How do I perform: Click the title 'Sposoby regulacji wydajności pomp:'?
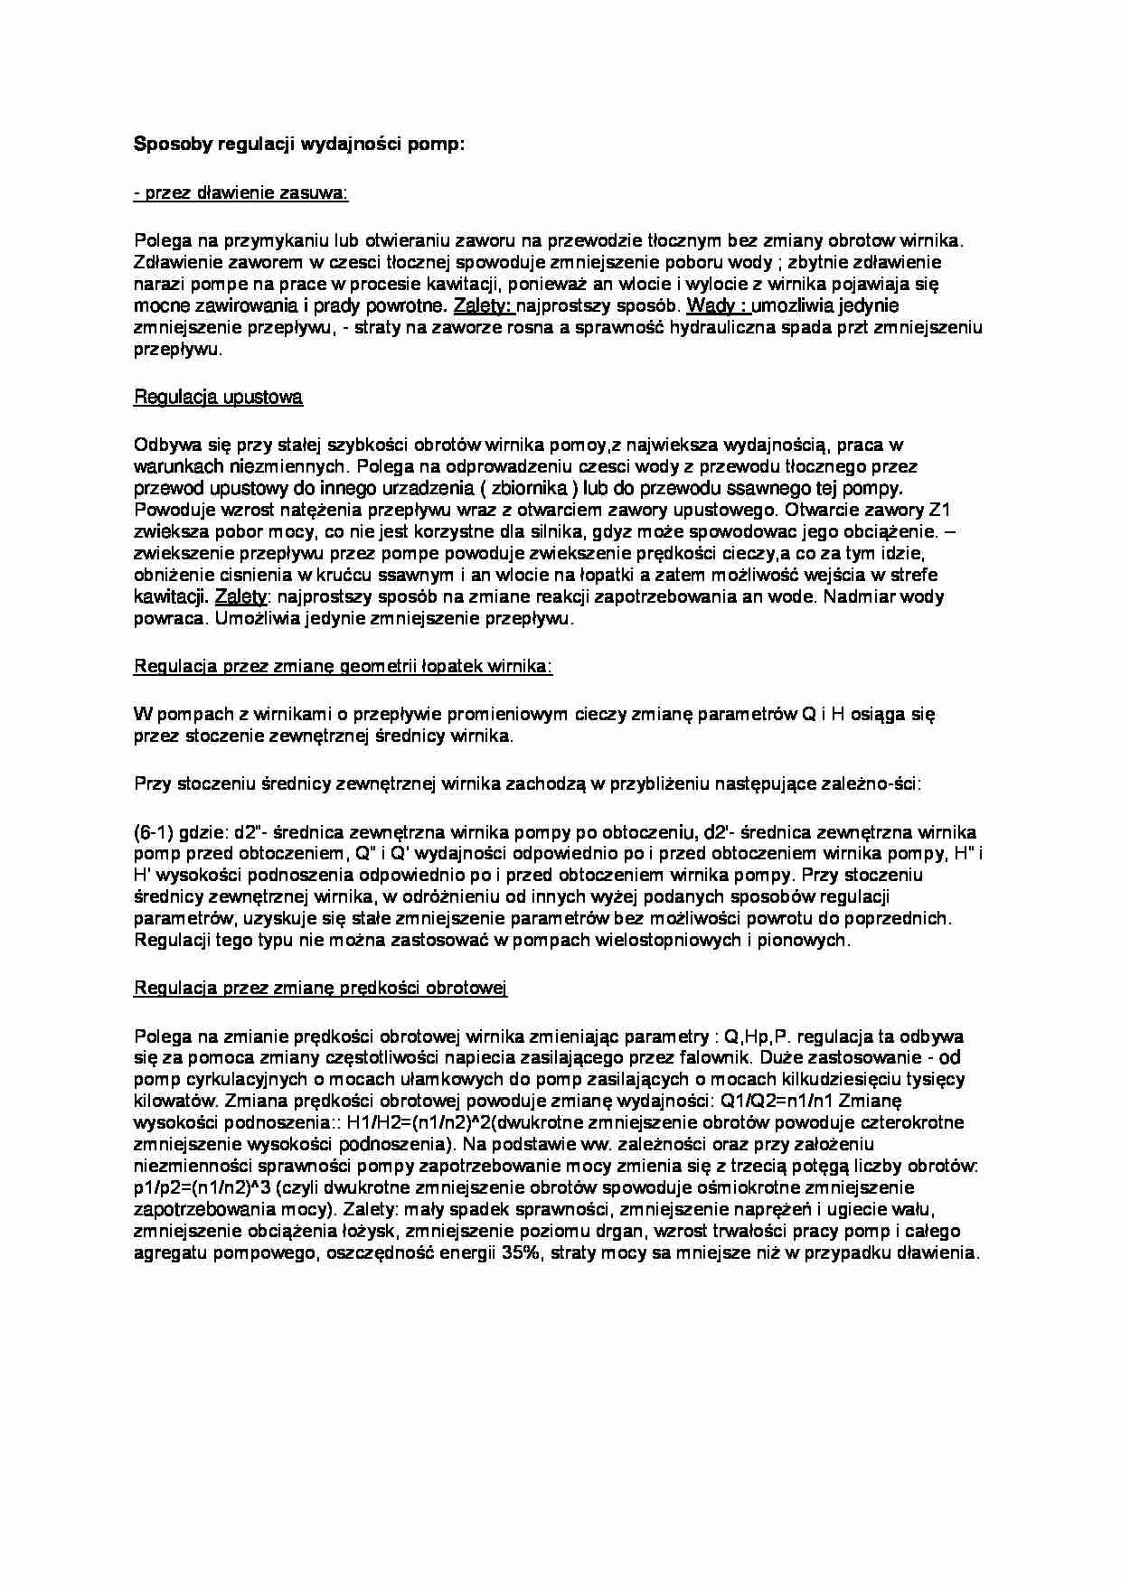(x=298, y=144)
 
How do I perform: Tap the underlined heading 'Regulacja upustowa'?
(x=218, y=397)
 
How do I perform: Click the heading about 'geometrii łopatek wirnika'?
(x=343, y=666)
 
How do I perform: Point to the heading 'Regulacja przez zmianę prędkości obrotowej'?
(x=320, y=988)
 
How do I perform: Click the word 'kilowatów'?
(x=174, y=1101)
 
